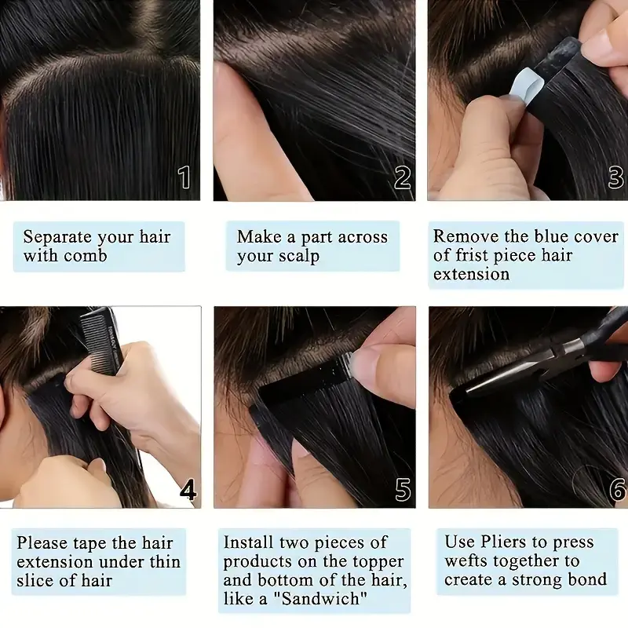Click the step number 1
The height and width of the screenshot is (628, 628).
pyautogui.click(x=184, y=177)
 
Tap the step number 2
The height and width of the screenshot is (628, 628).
pyautogui.click(x=403, y=177)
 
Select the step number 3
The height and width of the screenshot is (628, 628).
pyautogui.click(x=615, y=177)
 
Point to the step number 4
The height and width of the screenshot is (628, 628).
pyautogui.click(x=188, y=491)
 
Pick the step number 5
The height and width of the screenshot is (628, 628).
pyautogui.click(x=403, y=491)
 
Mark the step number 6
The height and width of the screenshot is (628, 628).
pyautogui.click(x=617, y=491)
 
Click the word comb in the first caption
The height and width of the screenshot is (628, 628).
pyautogui.click(x=86, y=256)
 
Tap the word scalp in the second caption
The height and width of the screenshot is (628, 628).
pyautogui.click(x=298, y=256)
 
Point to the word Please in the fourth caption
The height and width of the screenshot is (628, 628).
pyautogui.click(x=43, y=542)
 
